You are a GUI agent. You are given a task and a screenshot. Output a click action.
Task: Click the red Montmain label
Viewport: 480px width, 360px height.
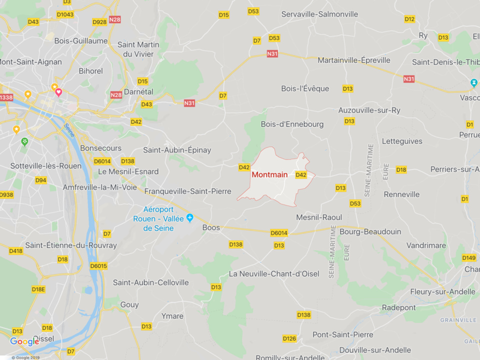269,175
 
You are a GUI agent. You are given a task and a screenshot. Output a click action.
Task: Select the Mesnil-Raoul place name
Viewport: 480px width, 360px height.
319,217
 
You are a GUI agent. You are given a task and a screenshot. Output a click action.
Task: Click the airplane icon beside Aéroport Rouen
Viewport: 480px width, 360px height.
189,217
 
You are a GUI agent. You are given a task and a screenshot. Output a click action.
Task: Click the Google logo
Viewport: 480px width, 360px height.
24,341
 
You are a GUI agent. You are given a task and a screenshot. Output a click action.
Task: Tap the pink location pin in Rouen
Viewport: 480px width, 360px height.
58,92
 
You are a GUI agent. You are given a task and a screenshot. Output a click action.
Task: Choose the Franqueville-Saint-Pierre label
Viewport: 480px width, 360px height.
187,191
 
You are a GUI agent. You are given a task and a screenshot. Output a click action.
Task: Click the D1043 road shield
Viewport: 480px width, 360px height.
65,14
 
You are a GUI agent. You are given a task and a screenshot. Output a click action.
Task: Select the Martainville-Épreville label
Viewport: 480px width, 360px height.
354,60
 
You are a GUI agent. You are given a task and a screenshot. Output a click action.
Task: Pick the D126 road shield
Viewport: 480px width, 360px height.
289,338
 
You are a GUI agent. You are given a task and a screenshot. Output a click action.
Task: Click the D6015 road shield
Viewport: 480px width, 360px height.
99,266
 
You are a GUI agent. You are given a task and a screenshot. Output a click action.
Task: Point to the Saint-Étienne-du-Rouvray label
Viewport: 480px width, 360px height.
71,245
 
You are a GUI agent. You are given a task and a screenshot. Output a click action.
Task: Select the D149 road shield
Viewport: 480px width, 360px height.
469,258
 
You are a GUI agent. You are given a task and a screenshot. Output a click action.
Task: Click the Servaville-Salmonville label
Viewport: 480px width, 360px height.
319,14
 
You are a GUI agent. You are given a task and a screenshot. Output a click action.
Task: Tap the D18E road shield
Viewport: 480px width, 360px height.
38,289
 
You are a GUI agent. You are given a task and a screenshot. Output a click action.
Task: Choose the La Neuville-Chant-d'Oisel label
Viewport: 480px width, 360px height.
273,274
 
